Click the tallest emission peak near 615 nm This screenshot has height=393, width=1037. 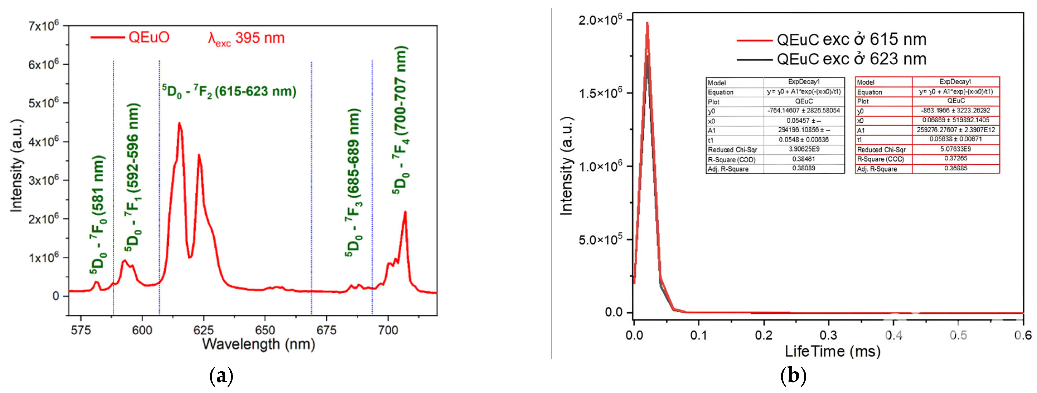(179, 123)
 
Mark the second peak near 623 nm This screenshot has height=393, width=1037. (199, 155)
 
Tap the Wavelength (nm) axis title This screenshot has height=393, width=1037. (258, 344)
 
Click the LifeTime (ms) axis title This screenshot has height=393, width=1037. (833, 351)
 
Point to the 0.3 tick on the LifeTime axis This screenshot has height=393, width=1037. (828, 335)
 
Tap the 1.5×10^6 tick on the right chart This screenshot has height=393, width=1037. (600, 93)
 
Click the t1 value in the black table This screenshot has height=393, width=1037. (804, 140)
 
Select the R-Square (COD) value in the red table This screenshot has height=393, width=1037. (956, 158)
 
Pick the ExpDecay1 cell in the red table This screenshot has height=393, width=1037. (955, 81)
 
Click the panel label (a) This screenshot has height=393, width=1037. (221, 376)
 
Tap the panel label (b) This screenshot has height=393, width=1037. (793, 376)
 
